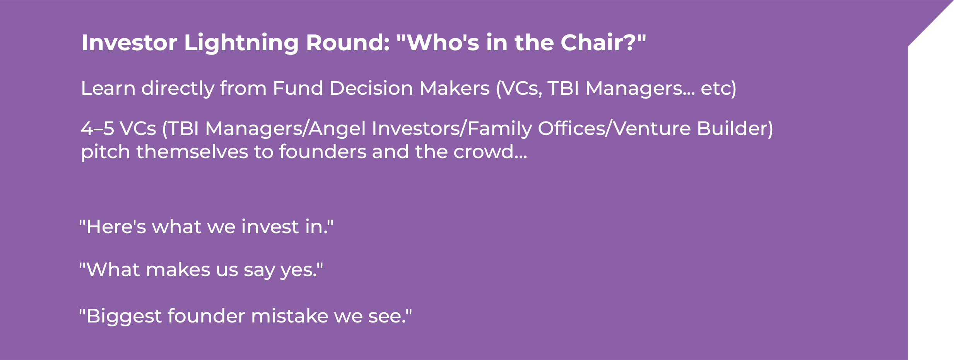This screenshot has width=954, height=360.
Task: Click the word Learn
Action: click(108, 88)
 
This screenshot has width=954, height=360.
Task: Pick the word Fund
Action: click(298, 88)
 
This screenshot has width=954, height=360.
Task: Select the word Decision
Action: click(371, 88)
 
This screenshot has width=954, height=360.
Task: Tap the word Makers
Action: click(455, 88)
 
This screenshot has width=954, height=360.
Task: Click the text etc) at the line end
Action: click(718, 89)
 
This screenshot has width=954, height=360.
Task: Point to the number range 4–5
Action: click(97, 129)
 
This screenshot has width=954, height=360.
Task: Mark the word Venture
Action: click(652, 129)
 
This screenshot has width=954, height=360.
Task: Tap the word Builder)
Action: click(735, 129)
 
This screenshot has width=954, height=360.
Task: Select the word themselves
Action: click(192, 152)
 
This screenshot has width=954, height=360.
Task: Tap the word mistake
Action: click(290, 316)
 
